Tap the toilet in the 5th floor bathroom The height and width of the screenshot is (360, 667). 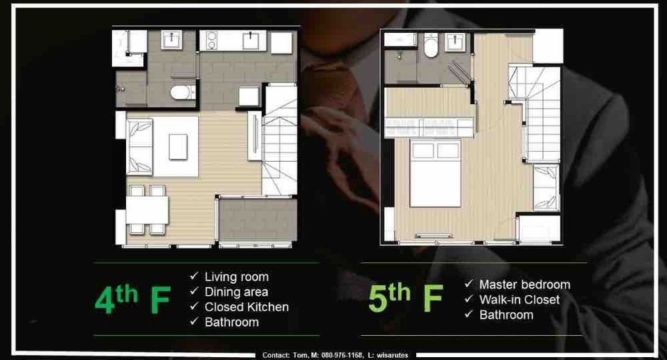coord(430,46)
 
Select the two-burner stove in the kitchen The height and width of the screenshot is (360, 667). coord(210,40)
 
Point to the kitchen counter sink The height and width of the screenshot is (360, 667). coord(251,41)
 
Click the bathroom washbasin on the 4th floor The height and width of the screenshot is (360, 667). coord(172,40)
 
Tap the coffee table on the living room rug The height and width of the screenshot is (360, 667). coord(178,147)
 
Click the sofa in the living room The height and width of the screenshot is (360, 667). coord(140,147)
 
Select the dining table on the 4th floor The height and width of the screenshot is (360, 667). coord(148,210)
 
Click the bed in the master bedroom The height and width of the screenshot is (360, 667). coord(435,174)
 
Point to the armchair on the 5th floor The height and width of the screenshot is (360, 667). coord(546,187)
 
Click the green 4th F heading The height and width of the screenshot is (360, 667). coord(133,299)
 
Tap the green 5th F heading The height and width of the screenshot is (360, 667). coord(405,297)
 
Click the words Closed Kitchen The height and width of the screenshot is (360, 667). coord(247,307)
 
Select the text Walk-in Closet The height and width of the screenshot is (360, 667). coord(519,300)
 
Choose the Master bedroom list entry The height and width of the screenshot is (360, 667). coord(524,284)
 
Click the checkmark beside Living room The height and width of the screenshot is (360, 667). coord(194,276)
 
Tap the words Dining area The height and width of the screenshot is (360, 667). coord(237,292)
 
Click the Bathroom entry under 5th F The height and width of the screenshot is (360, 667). coord(506,315)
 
